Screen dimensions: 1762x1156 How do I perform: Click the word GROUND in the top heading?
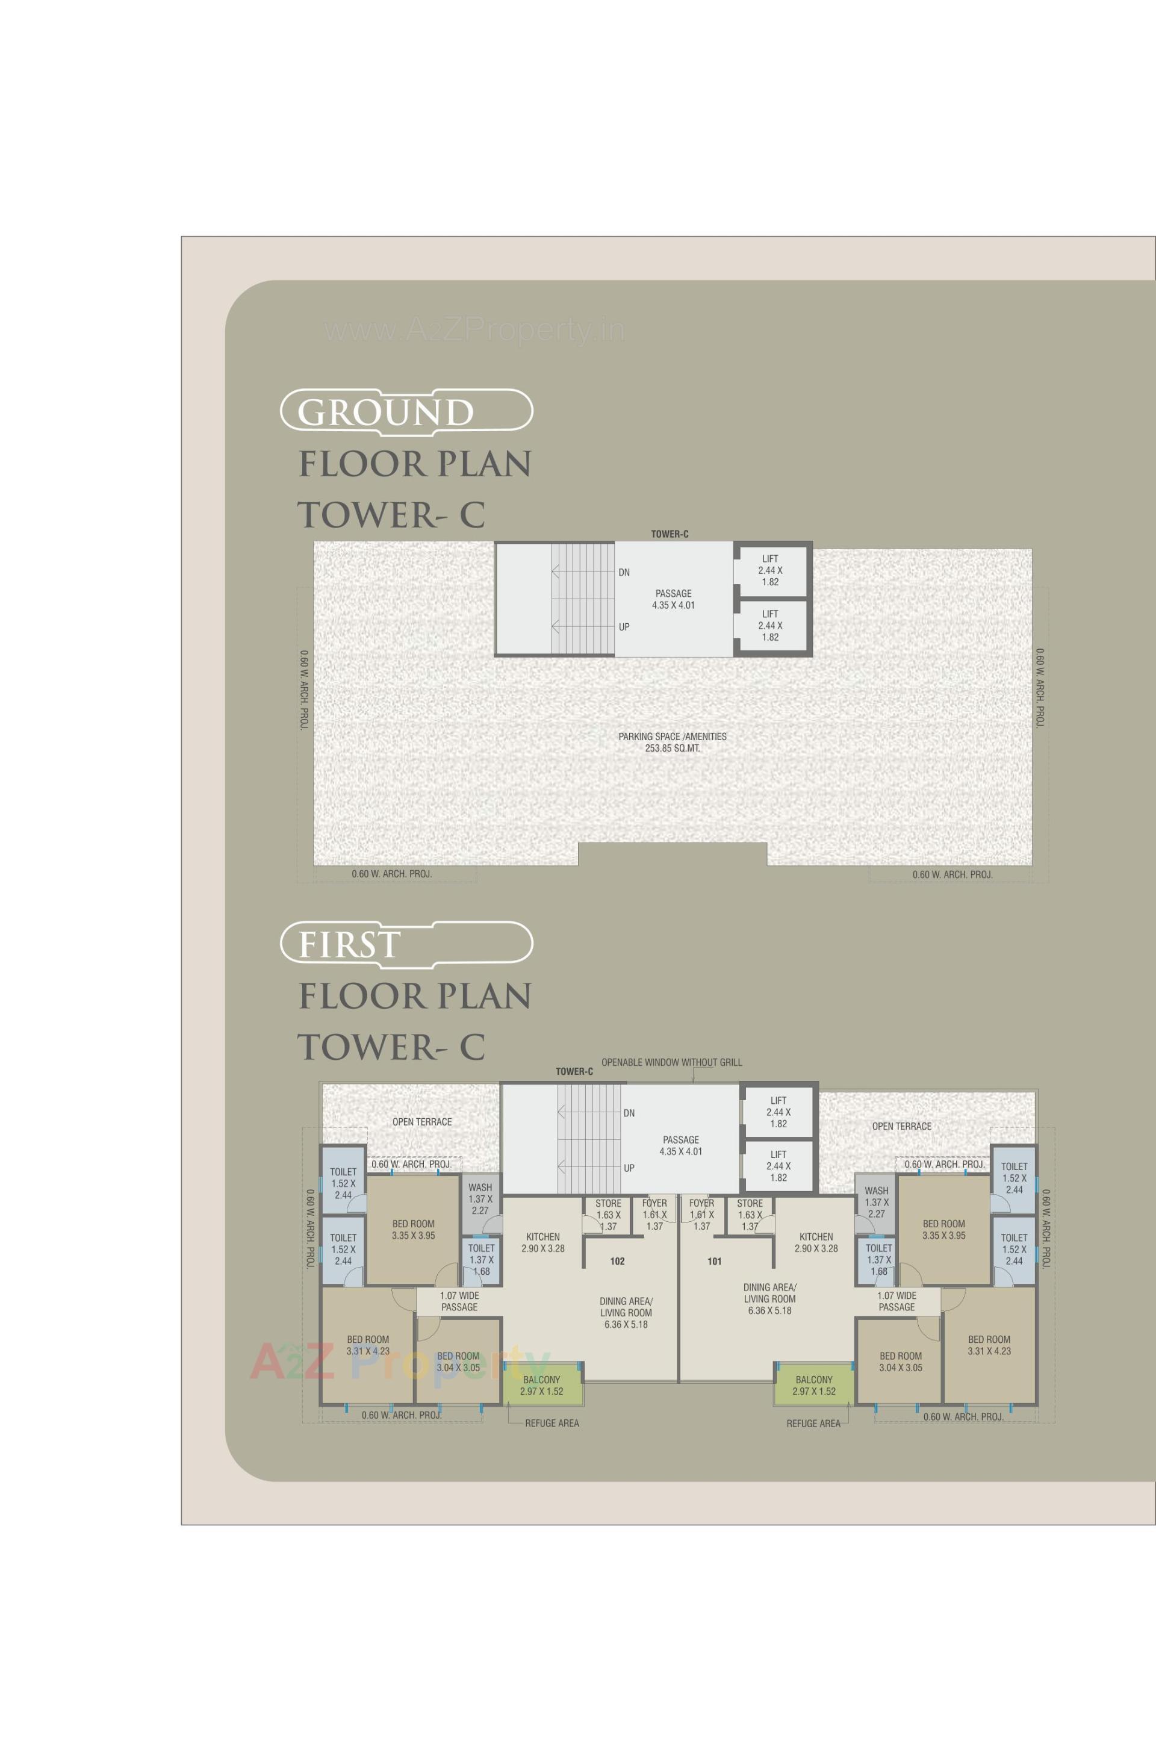(385, 412)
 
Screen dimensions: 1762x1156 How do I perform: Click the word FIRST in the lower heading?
(349, 945)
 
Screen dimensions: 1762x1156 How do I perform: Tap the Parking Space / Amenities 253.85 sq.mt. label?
(672, 742)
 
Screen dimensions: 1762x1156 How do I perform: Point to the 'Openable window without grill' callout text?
(671, 1062)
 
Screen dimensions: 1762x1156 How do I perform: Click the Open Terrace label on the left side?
(422, 1122)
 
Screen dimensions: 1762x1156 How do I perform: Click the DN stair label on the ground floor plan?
(624, 572)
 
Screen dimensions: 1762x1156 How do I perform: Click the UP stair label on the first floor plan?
(629, 1168)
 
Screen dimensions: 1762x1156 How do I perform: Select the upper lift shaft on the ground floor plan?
(769, 571)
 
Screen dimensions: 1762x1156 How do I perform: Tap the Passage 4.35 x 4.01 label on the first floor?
(681, 1145)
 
